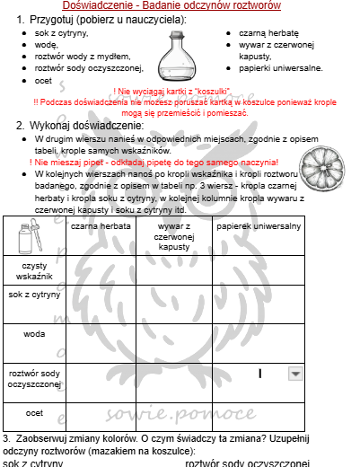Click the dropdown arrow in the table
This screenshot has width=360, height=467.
294,373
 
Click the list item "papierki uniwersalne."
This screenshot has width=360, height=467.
277,66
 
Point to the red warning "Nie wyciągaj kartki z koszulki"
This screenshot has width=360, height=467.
180,92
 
